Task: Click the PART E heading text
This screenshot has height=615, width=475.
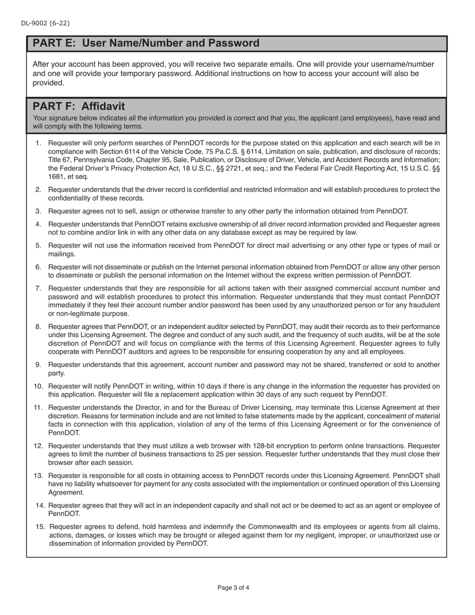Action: [146, 43]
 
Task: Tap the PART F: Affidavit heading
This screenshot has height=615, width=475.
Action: [79, 106]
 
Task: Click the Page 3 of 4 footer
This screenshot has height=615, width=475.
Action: [233, 587]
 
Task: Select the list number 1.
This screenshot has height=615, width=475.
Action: [38, 143]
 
